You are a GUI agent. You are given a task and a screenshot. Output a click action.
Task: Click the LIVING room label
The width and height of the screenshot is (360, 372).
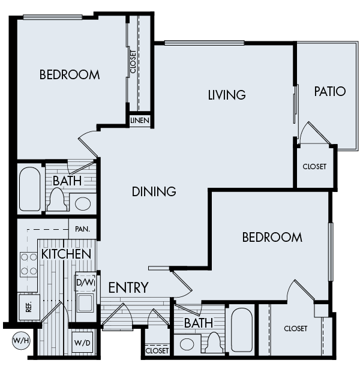[x=227, y=95]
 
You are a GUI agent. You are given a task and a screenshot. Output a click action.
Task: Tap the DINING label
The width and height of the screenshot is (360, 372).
[x=154, y=192]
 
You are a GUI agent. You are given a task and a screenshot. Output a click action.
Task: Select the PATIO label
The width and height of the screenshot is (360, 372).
[x=330, y=91]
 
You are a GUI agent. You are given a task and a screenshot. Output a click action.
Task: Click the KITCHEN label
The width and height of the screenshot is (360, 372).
[x=66, y=254]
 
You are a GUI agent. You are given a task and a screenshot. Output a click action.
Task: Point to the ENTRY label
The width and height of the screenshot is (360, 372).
[x=128, y=288]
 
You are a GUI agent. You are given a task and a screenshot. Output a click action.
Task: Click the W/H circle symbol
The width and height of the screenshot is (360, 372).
[x=20, y=341]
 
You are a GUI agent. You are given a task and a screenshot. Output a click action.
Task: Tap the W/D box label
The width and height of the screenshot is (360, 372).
[x=82, y=344]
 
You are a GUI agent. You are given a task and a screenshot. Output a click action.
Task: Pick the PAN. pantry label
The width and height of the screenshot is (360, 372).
[x=83, y=229]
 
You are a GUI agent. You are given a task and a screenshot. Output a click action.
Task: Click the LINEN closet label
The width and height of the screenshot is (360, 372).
[x=140, y=121]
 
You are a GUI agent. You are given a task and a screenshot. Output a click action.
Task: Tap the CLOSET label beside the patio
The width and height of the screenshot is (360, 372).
[x=314, y=167]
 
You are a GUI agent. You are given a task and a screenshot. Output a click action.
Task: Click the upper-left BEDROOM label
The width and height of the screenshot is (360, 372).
[x=70, y=75]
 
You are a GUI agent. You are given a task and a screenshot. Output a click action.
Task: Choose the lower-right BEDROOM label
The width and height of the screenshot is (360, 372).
[x=272, y=238]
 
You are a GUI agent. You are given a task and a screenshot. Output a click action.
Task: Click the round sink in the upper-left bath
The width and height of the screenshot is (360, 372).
[x=82, y=204]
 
